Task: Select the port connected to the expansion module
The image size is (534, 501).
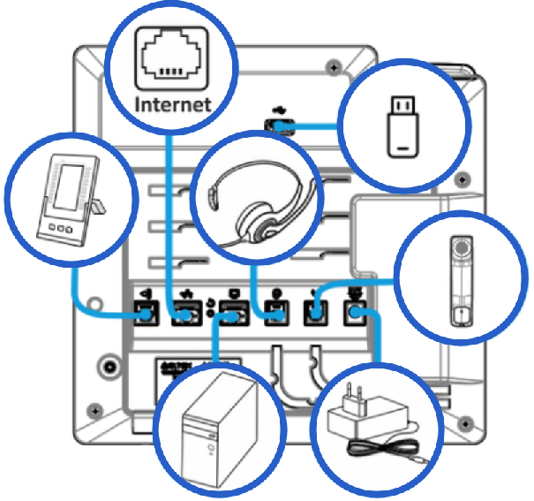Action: (x=144, y=314)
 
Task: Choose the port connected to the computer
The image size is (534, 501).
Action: (x=231, y=314)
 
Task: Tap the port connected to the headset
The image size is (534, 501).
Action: (x=274, y=314)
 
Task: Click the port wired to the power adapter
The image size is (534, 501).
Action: (x=357, y=314)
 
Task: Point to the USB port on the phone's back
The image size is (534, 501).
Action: (x=280, y=127)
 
